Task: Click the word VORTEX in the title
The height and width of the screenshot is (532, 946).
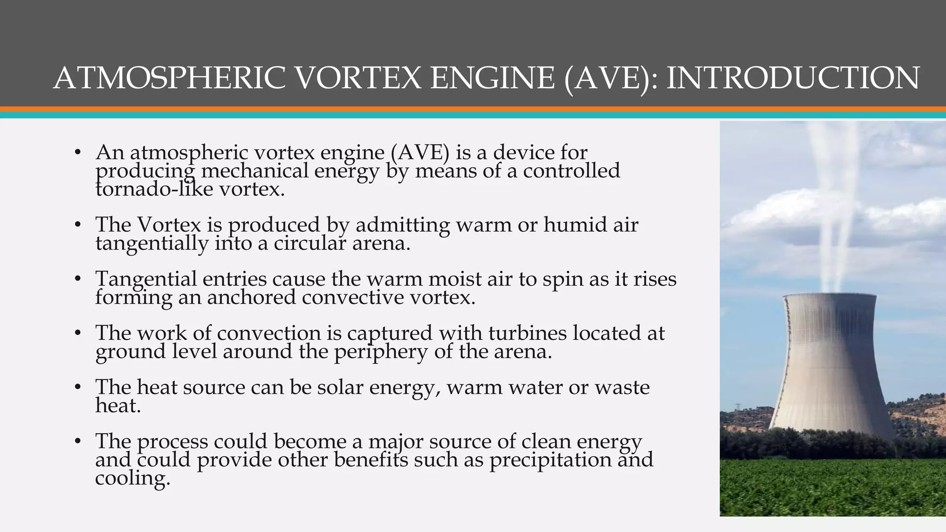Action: coord(358,78)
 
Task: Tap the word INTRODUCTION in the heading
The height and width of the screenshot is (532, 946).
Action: coord(793,78)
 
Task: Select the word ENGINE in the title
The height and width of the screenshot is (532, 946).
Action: coord(492,78)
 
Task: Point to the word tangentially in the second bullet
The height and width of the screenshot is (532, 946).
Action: coord(152,243)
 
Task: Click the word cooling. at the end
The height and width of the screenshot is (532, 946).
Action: coord(133,478)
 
